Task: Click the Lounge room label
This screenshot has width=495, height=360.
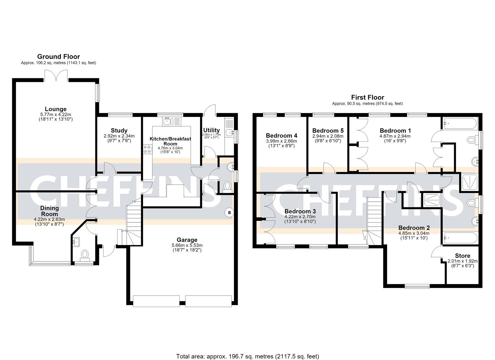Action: (x=56, y=109)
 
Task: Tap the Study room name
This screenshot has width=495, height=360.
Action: (x=119, y=130)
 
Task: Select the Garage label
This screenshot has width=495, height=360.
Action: (x=187, y=240)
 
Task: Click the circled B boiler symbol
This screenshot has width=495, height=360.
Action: (x=229, y=213)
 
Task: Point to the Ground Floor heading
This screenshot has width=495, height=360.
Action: (x=59, y=57)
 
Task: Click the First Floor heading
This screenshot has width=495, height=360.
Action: (x=368, y=97)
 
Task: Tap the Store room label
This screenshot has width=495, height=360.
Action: (x=463, y=256)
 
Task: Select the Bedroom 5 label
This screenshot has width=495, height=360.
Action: (x=328, y=131)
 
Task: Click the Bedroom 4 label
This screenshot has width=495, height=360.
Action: (x=282, y=135)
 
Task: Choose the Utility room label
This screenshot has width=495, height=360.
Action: (x=211, y=130)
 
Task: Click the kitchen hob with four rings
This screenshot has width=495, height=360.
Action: (x=147, y=149)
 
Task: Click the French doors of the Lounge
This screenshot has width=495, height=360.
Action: (x=56, y=75)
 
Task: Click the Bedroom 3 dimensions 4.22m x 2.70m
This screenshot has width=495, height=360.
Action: (x=300, y=217)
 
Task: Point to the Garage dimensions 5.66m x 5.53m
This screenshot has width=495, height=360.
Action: (x=187, y=245)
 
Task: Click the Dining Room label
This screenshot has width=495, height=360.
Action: (x=49, y=211)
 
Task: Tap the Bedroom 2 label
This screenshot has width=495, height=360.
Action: (x=414, y=228)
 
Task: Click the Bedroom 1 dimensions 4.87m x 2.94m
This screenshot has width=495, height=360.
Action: (x=395, y=136)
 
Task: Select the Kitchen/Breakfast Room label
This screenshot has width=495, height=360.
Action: (x=170, y=141)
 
